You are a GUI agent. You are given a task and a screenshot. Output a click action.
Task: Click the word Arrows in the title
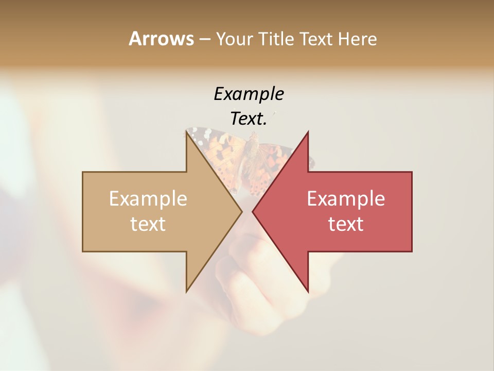pyautogui.click(x=161, y=39)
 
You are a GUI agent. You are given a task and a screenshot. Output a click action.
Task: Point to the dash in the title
pyautogui.click(x=204, y=39)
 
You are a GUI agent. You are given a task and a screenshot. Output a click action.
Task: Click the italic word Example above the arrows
pyautogui.click(x=249, y=94)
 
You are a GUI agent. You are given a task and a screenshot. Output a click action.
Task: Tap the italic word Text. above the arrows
pyautogui.click(x=249, y=119)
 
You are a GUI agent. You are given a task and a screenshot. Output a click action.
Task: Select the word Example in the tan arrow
pyautogui.click(x=148, y=199)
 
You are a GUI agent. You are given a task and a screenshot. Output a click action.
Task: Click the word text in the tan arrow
pyautogui.click(x=148, y=224)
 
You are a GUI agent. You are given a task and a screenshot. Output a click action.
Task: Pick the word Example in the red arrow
pyautogui.click(x=346, y=199)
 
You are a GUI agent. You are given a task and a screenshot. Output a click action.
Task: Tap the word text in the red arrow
pyautogui.click(x=346, y=224)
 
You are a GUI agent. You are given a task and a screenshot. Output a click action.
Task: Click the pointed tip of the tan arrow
pyautogui.click(x=242, y=211)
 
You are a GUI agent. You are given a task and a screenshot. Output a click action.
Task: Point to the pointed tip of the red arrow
pyautogui.click(x=253, y=211)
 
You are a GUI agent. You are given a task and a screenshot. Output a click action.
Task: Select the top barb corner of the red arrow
pyautogui.click(x=308, y=132)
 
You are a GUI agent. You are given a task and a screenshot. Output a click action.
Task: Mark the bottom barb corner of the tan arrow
pyautogui.click(x=186, y=292)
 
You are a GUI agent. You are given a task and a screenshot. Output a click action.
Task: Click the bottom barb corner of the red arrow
pyautogui.click(x=308, y=292)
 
